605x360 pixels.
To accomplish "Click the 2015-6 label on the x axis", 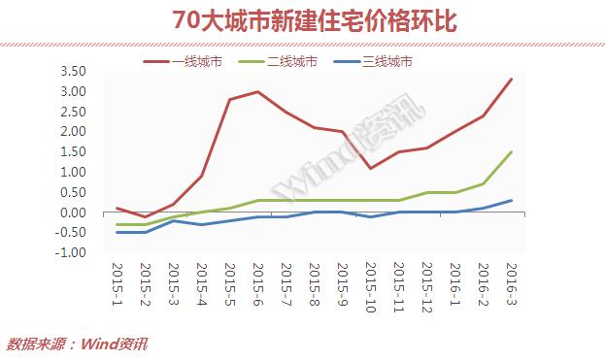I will coord(257,282).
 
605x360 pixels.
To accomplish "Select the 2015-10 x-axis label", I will coord(370,285).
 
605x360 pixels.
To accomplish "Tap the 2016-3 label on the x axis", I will coord(512,282).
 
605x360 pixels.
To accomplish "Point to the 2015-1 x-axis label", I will coord(116,282).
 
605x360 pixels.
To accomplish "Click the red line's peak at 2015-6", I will coord(257,92).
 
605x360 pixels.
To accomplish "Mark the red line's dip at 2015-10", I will coord(371,169).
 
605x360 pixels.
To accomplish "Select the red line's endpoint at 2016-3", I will coord(512,80).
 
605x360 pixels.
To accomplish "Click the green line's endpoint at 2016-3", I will coord(512,152).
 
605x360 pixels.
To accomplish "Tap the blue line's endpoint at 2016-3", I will coord(512,201).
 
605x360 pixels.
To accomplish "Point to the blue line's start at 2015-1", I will coord(117,232).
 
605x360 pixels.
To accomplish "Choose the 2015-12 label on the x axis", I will coord(427,285).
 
